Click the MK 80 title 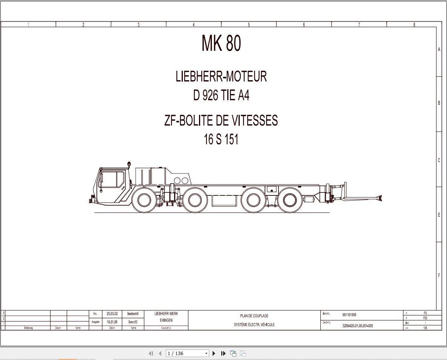[221, 43]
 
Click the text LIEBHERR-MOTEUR [221, 76]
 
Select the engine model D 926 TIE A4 [221, 95]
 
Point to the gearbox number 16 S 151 [221, 139]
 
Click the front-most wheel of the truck [144, 200]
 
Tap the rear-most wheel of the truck [289, 200]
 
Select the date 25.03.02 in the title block [112, 314]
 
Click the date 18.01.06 [112, 322]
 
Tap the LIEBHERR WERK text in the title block [166, 314]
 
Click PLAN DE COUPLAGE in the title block [254, 316]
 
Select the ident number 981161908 [349, 315]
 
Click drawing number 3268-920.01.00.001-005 [357, 326]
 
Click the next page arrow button [214, 353]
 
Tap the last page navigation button [223, 353]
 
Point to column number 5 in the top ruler [249, 25]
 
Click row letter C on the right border [439, 160]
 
